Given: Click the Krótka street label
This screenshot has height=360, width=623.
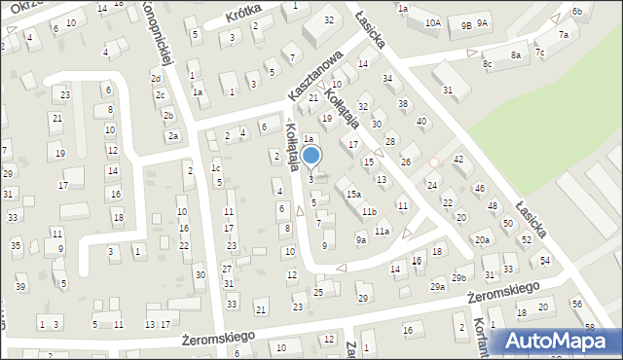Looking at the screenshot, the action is pyautogui.click(x=246, y=17).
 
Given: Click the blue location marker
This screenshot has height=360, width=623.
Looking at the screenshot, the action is pyautogui.click(x=311, y=156).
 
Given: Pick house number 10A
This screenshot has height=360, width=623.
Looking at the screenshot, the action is pyautogui.click(x=432, y=22).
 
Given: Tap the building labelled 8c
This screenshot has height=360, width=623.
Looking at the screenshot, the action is pyautogui.click(x=488, y=64).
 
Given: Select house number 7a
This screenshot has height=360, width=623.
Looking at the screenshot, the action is pyautogui.click(x=563, y=35).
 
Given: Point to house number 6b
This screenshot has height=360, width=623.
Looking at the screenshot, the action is pyautogui.click(x=577, y=11).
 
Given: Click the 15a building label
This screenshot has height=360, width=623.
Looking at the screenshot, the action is pyautogui.click(x=353, y=195).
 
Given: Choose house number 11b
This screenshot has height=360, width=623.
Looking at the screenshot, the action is pyautogui.click(x=368, y=211).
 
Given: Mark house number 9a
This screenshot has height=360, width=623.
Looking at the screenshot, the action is pyautogui.click(x=360, y=239).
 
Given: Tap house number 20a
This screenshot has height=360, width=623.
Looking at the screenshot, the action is pyautogui.click(x=482, y=239).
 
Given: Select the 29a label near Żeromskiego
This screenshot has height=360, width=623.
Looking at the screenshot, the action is pyautogui.click(x=438, y=287).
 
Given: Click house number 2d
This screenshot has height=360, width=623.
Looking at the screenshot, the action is pyautogui.click(x=156, y=78).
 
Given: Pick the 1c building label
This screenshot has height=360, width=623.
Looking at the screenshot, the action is pyautogui.click(x=215, y=168).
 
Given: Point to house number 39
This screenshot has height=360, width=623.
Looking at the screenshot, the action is pyautogui.click(x=20, y=287).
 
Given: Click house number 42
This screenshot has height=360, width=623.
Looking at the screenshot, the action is pyautogui.click(x=458, y=159).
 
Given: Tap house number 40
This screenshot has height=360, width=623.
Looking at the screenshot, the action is pyautogui.click(x=421, y=121).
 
